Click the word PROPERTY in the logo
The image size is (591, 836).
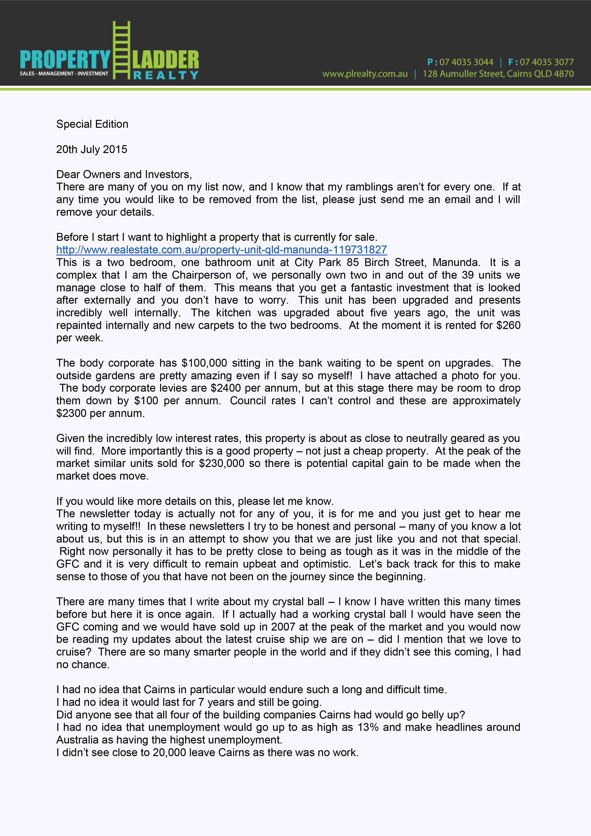[65, 59]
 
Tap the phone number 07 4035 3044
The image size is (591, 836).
[466, 62]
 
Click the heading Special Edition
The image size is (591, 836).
[92, 124]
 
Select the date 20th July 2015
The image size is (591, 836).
[92, 149]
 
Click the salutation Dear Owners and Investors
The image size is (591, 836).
[124, 174]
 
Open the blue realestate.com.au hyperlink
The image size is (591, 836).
[221, 250]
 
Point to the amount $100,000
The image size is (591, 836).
[204, 363]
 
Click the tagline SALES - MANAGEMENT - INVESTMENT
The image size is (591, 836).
[64, 74]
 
